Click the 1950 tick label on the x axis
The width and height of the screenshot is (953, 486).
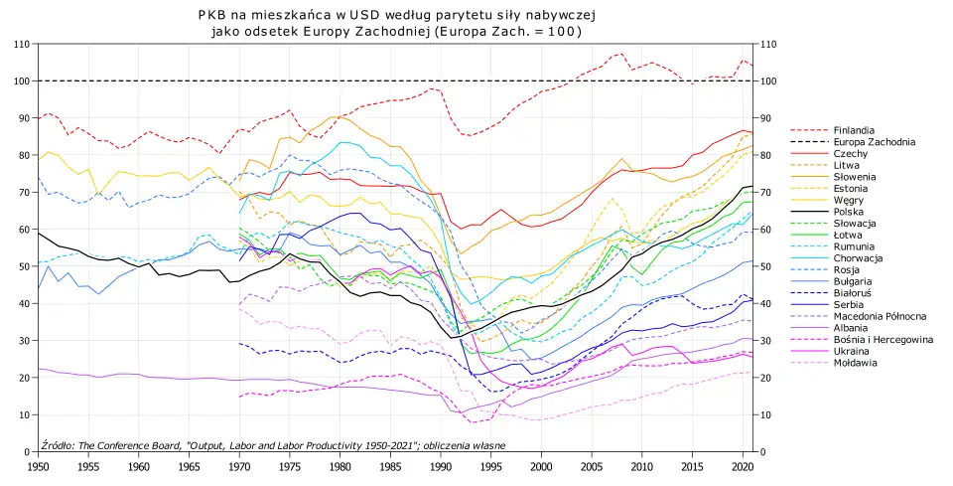pos(38,465)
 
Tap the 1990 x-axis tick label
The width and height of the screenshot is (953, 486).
pos(440,465)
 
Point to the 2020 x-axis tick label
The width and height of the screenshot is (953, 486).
pos(742,465)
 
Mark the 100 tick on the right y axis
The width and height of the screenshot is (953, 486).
pos(770,81)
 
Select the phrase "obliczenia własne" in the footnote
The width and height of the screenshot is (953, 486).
pos(466,445)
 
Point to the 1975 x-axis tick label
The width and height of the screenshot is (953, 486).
pos(289,465)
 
